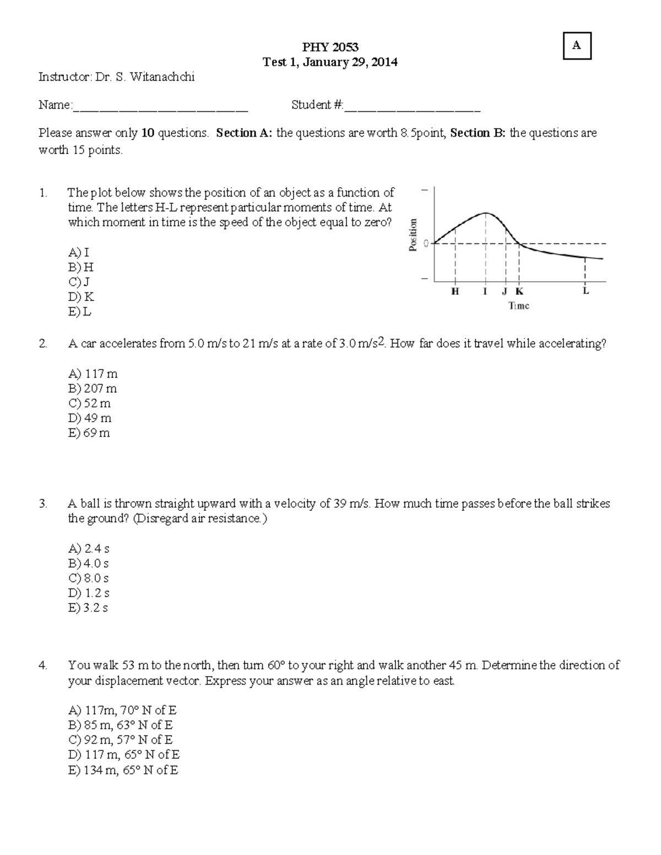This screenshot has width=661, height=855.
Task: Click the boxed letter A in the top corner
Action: pyautogui.click(x=576, y=46)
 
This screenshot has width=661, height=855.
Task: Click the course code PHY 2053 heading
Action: pyautogui.click(x=330, y=47)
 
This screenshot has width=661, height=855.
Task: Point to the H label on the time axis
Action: pyautogui.click(x=455, y=292)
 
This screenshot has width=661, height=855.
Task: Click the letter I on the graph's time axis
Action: pyautogui.click(x=485, y=292)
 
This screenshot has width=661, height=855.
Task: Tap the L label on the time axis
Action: pyautogui.click(x=586, y=291)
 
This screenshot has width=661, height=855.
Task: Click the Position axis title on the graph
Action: pyautogui.click(x=413, y=235)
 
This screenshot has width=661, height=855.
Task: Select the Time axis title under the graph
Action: pyautogui.click(x=518, y=306)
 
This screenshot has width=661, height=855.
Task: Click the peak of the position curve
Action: pyautogui.click(x=485, y=213)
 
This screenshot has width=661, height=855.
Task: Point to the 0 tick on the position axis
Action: pyautogui.click(x=426, y=243)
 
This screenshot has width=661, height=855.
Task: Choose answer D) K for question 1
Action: pyautogui.click(x=81, y=297)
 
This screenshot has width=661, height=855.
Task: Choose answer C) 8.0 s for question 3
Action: pyautogui.click(x=89, y=579)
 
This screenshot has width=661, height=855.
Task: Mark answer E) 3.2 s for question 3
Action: pyautogui.click(x=88, y=608)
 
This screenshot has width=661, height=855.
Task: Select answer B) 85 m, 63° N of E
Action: pyautogui.click(x=120, y=725)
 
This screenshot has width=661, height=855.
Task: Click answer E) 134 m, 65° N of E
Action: pyautogui.click(x=123, y=770)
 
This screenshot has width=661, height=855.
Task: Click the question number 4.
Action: pyautogui.click(x=43, y=666)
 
